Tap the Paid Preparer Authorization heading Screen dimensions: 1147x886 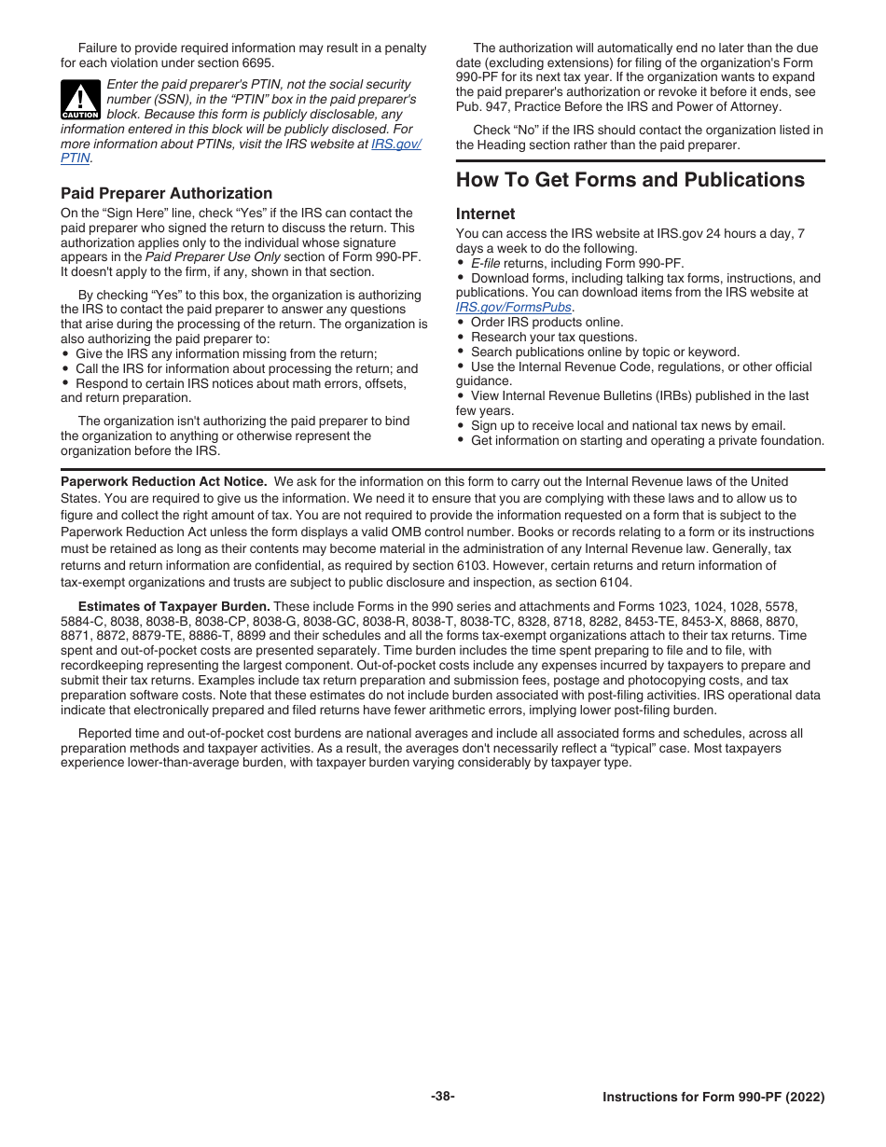point(166,193)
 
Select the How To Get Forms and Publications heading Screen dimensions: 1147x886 point(630,180)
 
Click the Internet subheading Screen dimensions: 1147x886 point(485,214)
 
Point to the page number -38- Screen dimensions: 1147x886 point(443,1097)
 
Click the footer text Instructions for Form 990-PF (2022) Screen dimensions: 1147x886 point(713,1098)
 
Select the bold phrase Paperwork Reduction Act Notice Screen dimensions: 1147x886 point(163,482)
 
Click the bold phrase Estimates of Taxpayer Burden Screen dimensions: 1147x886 point(173,606)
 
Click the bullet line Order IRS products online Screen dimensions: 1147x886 point(547,322)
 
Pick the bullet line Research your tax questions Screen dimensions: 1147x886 point(554,337)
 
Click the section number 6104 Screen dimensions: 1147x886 point(613,583)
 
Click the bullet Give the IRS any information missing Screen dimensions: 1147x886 point(224,354)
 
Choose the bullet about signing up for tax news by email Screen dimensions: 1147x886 point(627,425)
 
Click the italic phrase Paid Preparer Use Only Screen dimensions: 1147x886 point(213,256)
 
